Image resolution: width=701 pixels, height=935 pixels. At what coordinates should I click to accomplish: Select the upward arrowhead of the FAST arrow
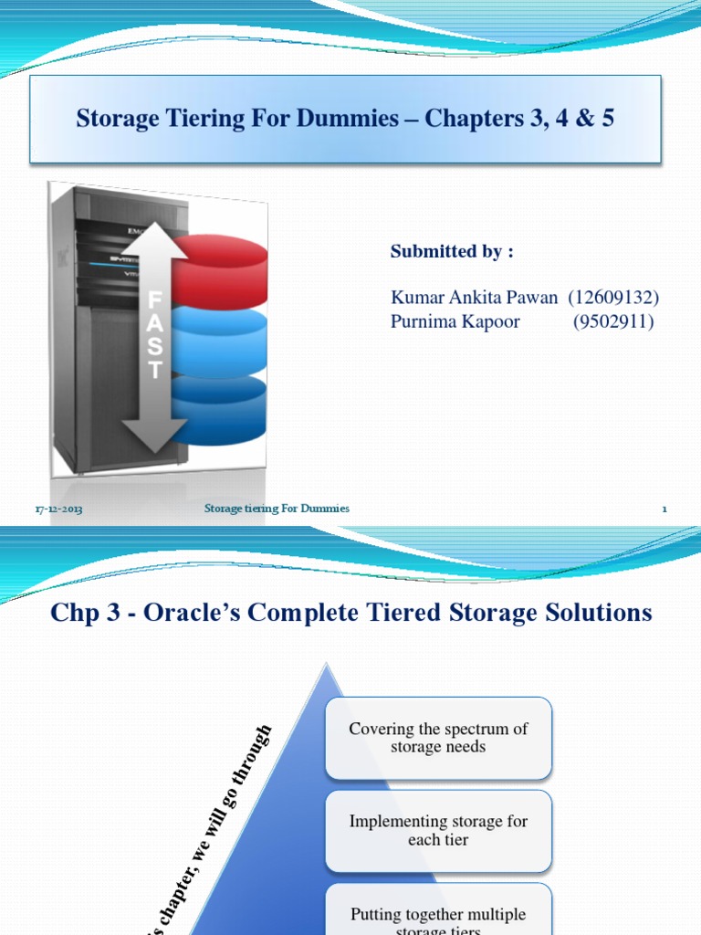pyautogui.click(x=155, y=222)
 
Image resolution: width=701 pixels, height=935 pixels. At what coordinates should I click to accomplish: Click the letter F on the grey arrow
pyautogui.click(x=155, y=300)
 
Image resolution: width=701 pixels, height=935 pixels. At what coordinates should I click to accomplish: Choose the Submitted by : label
pyautogui.click(x=445, y=252)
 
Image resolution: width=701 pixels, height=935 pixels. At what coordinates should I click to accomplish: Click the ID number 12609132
pyautogui.click(x=613, y=297)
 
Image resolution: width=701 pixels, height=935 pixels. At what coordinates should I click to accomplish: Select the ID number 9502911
pyautogui.click(x=613, y=321)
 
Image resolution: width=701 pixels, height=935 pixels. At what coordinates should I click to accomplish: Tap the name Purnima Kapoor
pyautogui.click(x=455, y=321)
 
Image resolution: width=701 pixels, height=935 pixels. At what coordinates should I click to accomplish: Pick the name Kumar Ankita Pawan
pyautogui.click(x=474, y=297)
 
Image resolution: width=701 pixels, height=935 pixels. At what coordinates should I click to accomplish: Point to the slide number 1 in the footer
pyautogui.click(x=664, y=509)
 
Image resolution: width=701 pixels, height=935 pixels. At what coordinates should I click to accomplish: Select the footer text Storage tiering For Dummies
pyautogui.click(x=277, y=508)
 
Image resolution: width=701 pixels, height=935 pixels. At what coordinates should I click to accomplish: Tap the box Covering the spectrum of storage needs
pyautogui.click(x=438, y=738)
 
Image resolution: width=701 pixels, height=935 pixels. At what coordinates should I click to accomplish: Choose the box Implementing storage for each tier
pyautogui.click(x=438, y=830)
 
